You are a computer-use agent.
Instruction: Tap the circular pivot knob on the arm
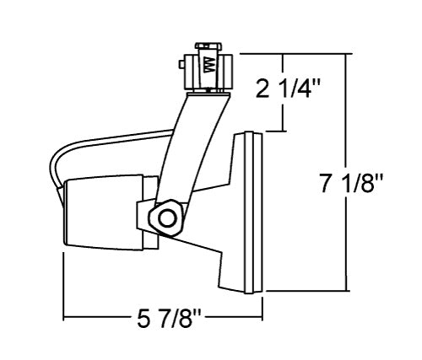tap(167, 217)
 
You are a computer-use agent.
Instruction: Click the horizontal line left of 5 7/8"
tap(97, 319)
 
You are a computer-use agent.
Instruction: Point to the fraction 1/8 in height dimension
tap(365, 184)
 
